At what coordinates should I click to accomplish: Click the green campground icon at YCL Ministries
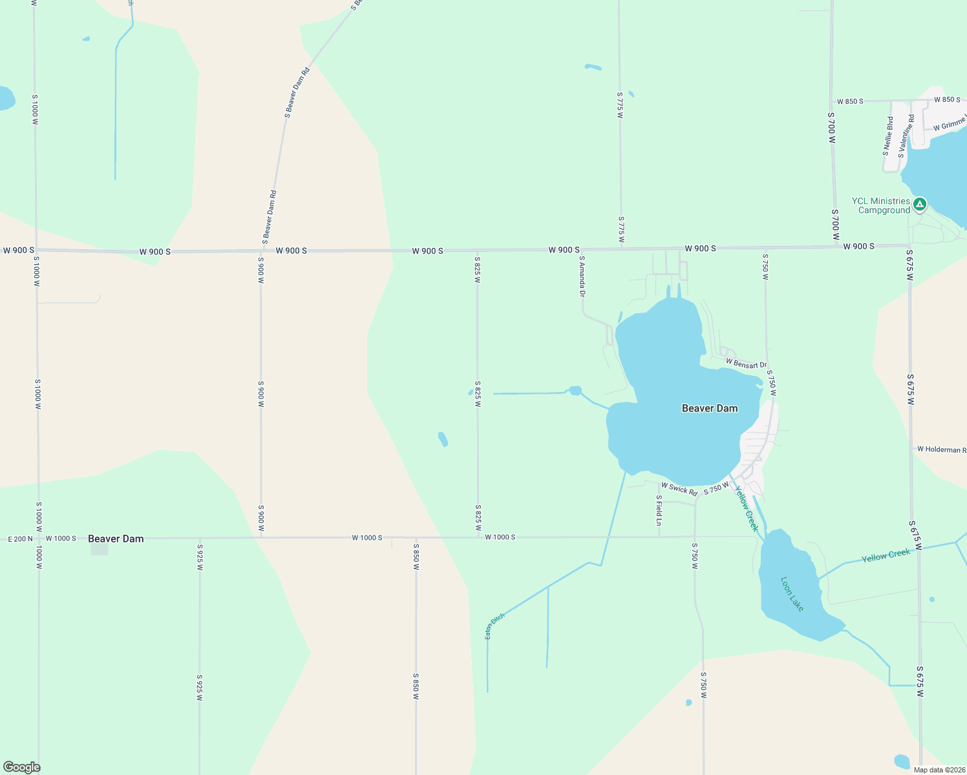tap(919, 205)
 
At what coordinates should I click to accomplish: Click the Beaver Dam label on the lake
tap(710, 408)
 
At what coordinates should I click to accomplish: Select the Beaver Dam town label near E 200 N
tap(116, 539)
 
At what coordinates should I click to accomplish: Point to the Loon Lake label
tap(792, 594)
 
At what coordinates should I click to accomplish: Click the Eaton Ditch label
tap(494, 626)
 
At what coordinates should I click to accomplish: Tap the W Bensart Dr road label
tap(746, 364)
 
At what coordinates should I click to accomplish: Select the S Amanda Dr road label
tap(582, 276)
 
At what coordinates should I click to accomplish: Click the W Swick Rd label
tap(679, 490)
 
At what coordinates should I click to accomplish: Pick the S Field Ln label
tap(659, 510)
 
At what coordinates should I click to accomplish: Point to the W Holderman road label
tap(941, 449)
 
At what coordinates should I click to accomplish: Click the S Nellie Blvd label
tap(888, 136)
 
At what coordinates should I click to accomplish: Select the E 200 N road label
tap(20, 539)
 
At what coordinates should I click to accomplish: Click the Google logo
tap(22, 767)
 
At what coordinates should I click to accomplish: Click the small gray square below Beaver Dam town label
tap(100, 550)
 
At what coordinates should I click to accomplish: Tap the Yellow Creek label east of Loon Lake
tap(886, 555)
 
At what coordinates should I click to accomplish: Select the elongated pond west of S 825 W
tap(443, 439)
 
